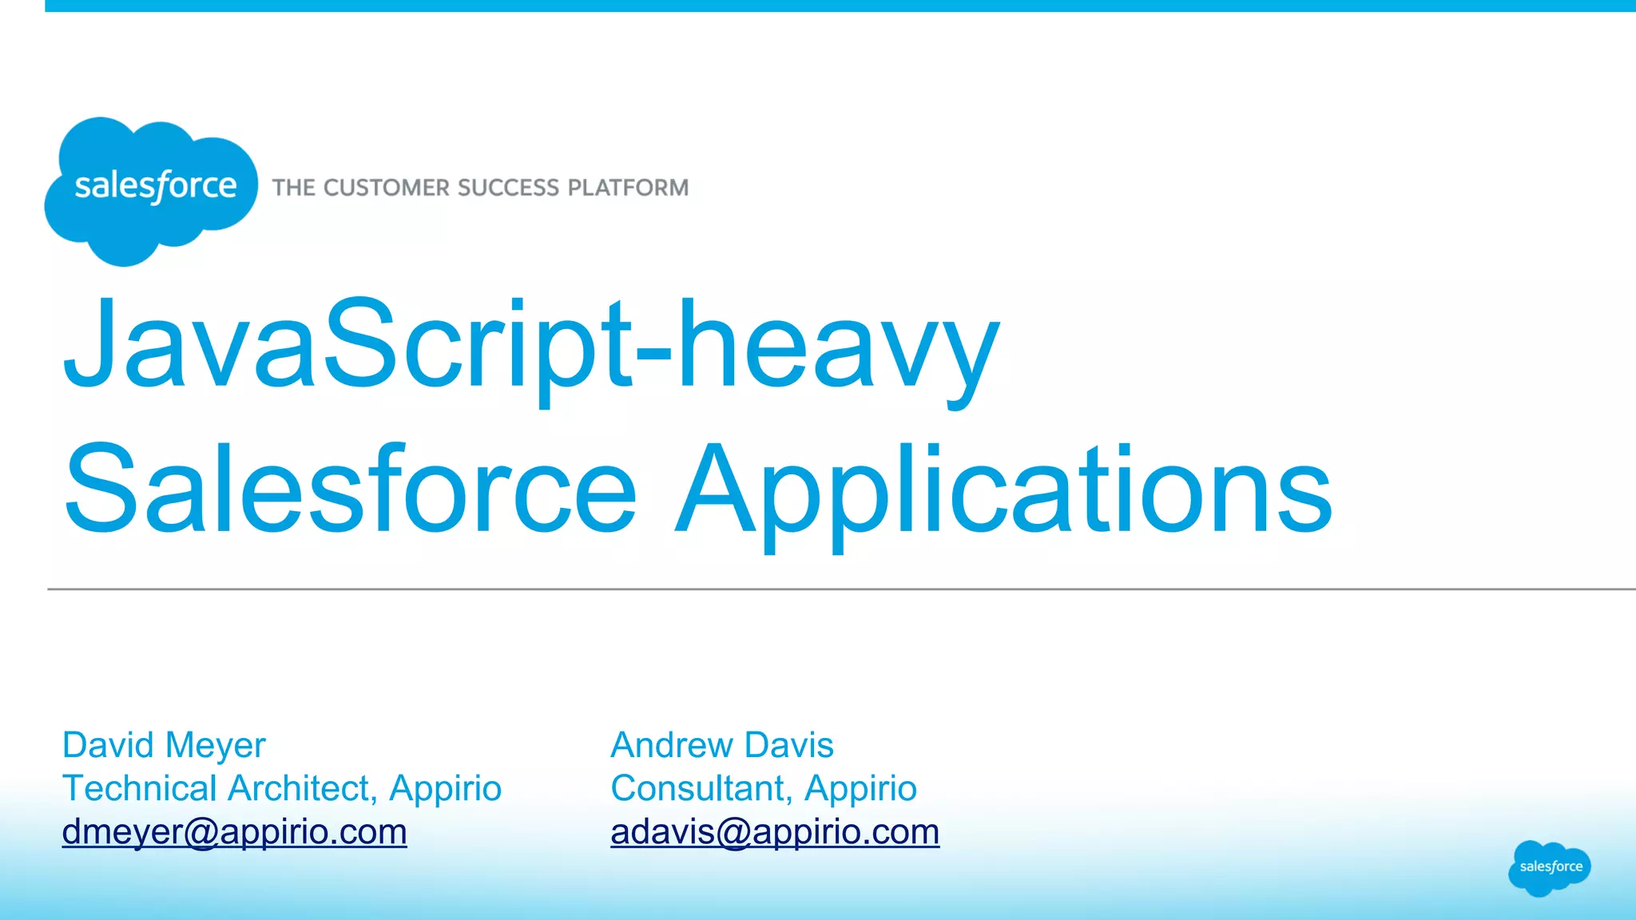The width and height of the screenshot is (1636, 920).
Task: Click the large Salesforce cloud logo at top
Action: click(152, 190)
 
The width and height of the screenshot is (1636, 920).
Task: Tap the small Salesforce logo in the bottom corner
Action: click(1550, 867)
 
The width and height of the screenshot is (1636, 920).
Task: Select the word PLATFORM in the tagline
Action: click(628, 188)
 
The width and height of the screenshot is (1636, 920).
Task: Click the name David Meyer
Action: click(164, 745)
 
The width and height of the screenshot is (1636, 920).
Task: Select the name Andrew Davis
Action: click(722, 745)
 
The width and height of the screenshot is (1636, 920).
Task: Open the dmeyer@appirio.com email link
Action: click(235, 832)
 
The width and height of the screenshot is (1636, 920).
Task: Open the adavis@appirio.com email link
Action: click(775, 832)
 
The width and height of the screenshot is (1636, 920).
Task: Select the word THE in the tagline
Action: click(293, 188)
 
